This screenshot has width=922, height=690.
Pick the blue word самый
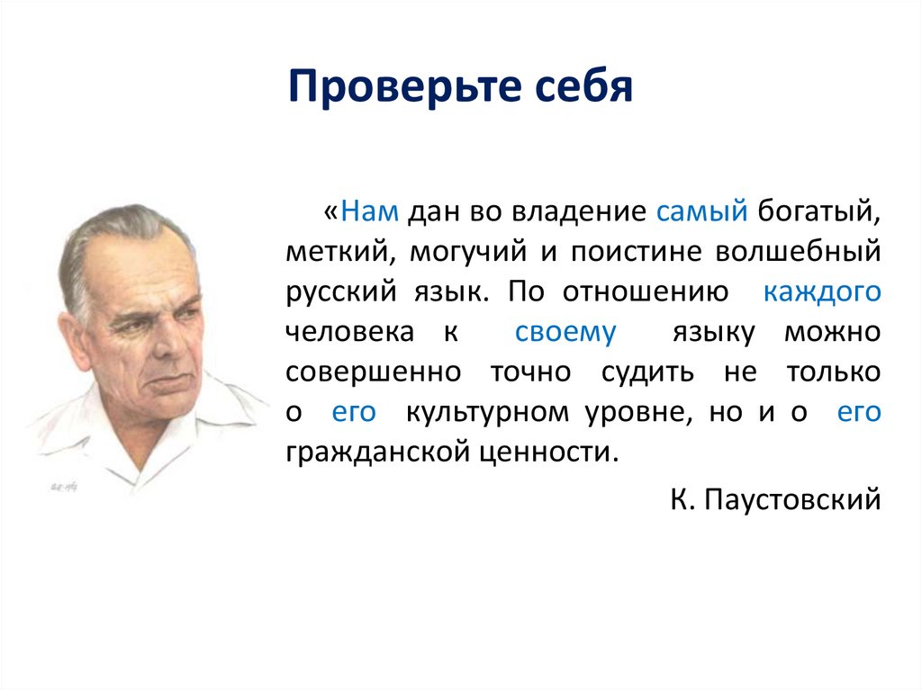pos(702,212)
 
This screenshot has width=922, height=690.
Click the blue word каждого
pos(821,292)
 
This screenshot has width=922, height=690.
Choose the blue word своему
pos(565,332)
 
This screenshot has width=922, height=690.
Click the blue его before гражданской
pos(858,411)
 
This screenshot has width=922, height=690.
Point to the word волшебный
pos(798,253)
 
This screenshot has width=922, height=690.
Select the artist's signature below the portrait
pos(59,487)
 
